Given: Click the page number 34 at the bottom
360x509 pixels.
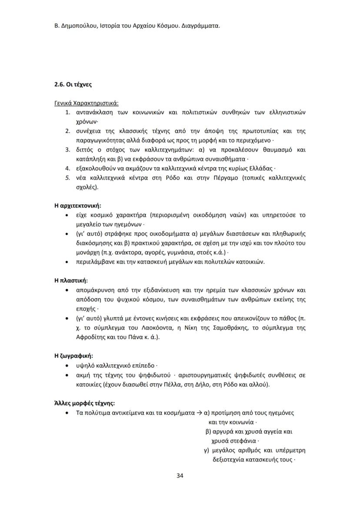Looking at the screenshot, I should [x=180, y=475].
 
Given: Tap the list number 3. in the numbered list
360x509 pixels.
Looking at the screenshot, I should [x=68, y=150].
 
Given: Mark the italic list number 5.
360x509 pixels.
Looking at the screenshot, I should [x=68, y=178].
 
